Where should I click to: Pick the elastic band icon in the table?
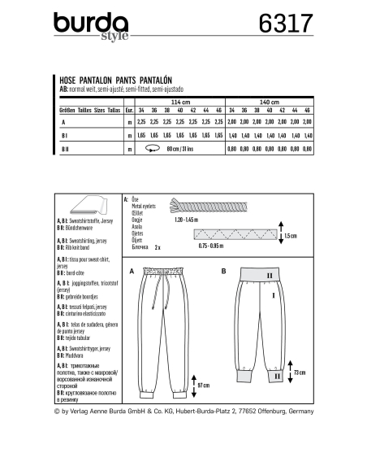pyautogui.click(x=152, y=149)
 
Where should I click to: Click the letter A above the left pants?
pyautogui.click(x=130, y=268)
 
